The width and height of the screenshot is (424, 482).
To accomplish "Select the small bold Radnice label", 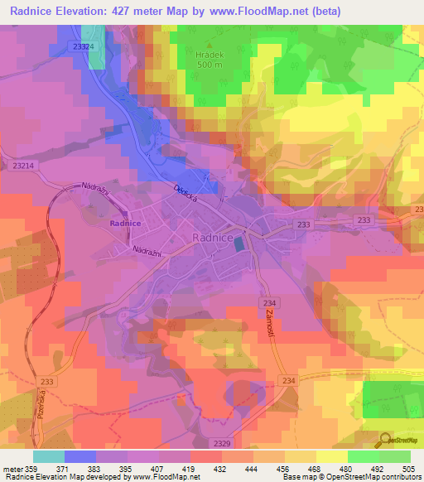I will [124, 223].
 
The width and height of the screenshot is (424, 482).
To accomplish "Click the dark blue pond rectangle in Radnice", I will [239, 243].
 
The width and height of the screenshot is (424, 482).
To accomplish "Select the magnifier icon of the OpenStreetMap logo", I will [384, 439].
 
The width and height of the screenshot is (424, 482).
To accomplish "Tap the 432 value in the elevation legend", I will [221, 469].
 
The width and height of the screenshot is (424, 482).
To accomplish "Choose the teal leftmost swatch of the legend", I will [49, 456].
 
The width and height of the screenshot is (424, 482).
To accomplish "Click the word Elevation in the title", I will [86, 12].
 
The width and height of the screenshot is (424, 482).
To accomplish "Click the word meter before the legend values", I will [12, 469].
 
